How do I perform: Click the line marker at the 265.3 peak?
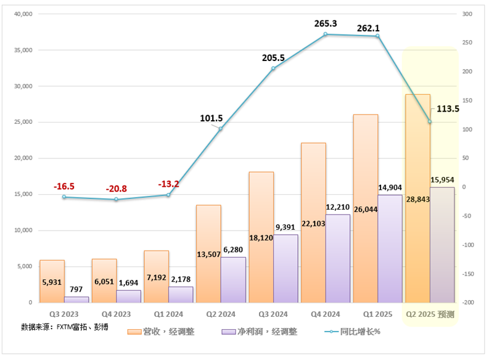[x=326, y=34]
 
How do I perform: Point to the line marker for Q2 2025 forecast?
[x=430, y=121]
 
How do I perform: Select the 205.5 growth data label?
[x=273, y=58]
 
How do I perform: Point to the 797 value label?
[x=76, y=288]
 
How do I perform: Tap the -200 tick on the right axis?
[x=467, y=303]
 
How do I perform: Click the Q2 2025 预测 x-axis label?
[x=430, y=314]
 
